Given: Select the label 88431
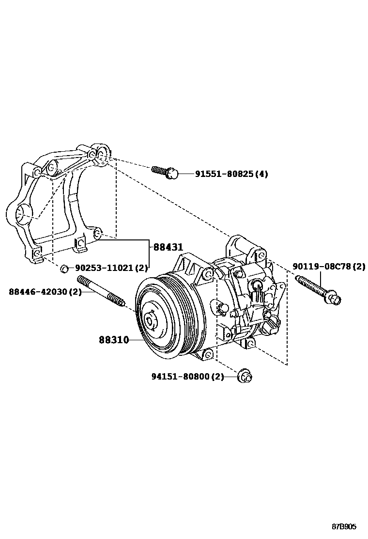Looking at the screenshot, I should pyautogui.click(x=169, y=247).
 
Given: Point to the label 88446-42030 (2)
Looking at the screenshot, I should pyautogui.click(x=45, y=291).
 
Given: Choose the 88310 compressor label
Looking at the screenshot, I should pyautogui.click(x=114, y=340).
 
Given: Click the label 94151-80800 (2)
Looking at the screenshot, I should pyautogui.click(x=187, y=376).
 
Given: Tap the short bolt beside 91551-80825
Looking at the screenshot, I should pyautogui.click(x=166, y=172).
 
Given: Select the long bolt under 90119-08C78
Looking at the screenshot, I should pyautogui.click(x=318, y=289).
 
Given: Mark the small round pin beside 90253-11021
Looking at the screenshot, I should pyautogui.click(x=64, y=267).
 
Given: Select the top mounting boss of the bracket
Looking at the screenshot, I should pyautogui.click(x=100, y=152).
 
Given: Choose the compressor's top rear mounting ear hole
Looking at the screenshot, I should pyautogui.click(x=261, y=254).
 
